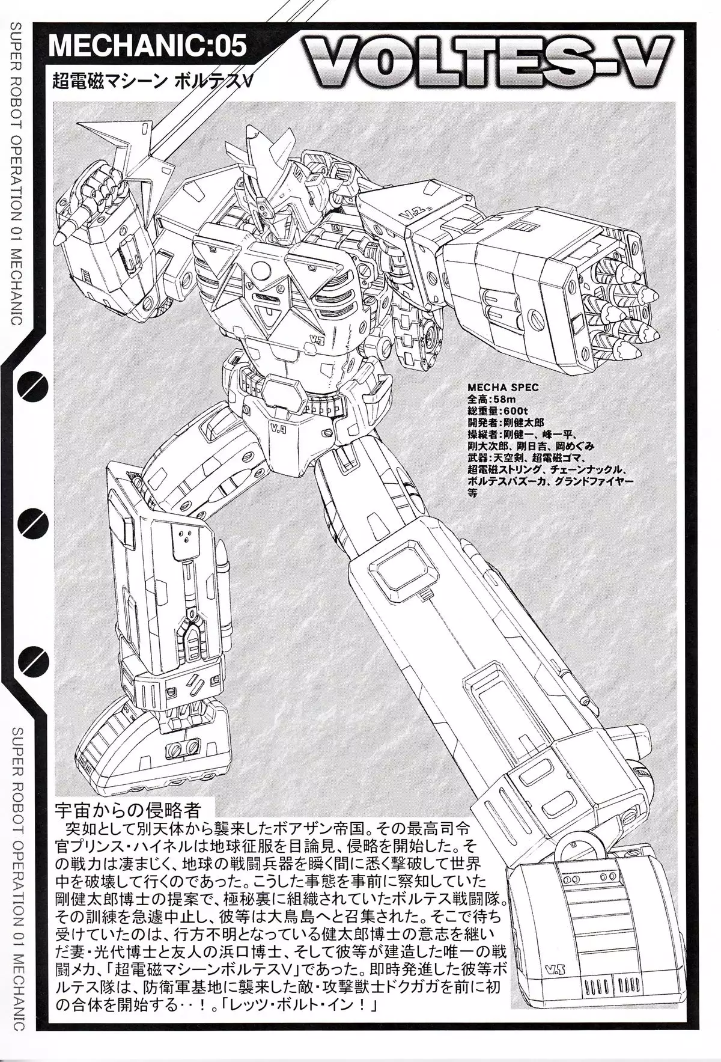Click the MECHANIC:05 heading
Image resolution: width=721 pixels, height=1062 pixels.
[148, 46]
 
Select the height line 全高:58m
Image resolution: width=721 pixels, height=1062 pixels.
[488, 399]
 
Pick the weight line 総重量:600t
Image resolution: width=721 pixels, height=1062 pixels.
[493, 411]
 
